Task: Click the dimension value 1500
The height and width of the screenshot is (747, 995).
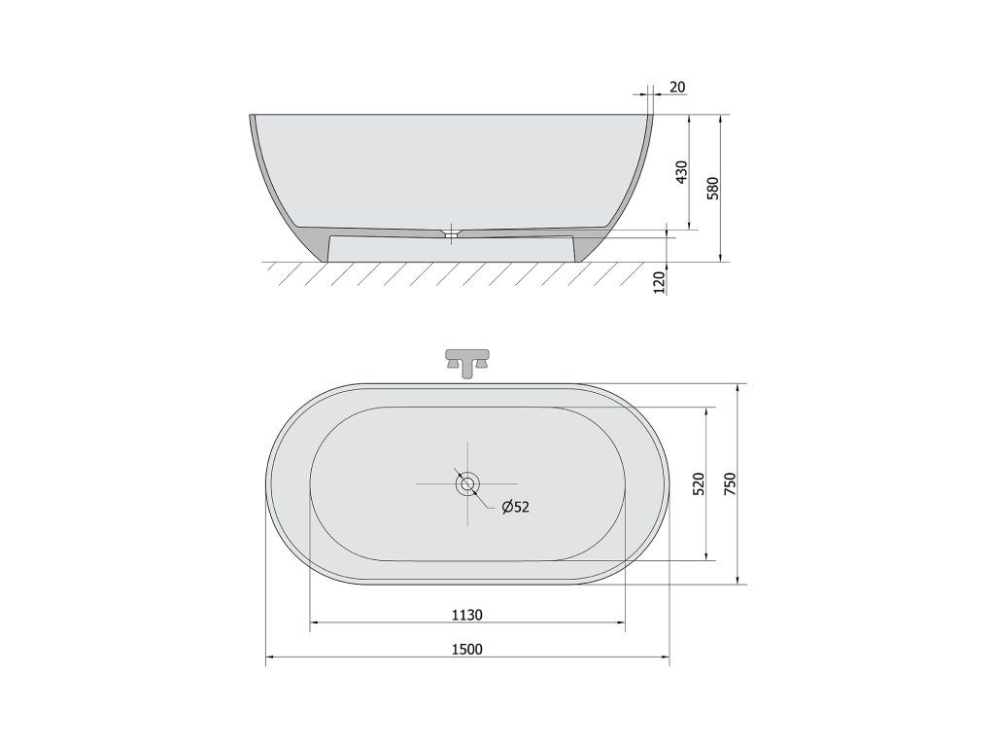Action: click(x=467, y=649)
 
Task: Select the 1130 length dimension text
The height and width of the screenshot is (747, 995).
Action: click(x=467, y=615)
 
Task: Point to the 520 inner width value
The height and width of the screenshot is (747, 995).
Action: click(x=698, y=484)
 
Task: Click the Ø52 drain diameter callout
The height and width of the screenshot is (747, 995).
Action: click(x=515, y=506)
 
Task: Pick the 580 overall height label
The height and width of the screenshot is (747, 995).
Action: click(x=712, y=189)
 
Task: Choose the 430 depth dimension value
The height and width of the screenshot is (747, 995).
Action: click(x=681, y=172)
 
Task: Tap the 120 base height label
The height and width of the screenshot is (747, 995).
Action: click(x=660, y=282)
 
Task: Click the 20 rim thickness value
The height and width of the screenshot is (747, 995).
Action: click(x=677, y=87)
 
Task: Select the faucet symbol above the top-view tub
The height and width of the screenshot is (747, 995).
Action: click(x=467, y=364)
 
